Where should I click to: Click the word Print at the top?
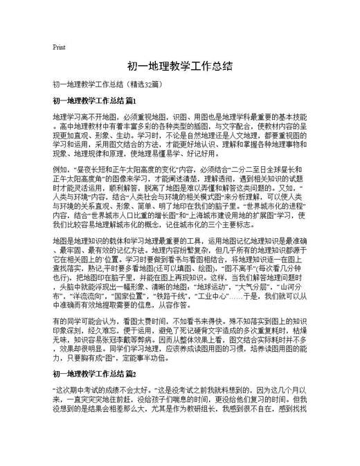click(x=59, y=47)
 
